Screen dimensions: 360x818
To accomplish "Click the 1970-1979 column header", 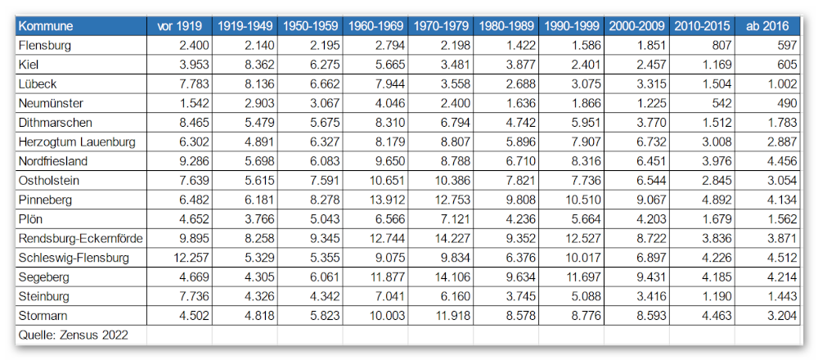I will coord(442,26).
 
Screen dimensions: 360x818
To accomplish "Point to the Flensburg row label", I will coord(44,45).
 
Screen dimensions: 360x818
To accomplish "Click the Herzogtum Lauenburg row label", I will coord(77,142).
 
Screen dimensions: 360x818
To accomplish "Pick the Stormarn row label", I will coord(43,316).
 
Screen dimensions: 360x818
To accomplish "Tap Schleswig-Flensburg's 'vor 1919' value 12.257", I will coord(190,258).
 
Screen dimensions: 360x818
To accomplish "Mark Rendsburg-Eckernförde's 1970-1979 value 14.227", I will coord(452,238).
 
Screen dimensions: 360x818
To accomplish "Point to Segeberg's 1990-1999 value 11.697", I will coord(583,277).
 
